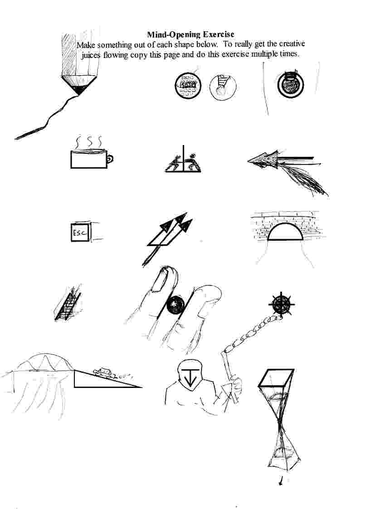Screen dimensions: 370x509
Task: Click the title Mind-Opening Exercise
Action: [x=191, y=34]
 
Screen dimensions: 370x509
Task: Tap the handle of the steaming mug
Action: [x=110, y=159]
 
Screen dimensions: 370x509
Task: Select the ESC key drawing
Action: [x=81, y=232]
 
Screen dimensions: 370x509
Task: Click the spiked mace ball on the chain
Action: [x=281, y=305]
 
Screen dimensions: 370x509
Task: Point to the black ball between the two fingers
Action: [x=175, y=305]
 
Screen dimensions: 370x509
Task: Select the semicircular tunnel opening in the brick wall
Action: [x=285, y=232]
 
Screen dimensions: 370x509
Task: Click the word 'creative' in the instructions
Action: [x=292, y=44]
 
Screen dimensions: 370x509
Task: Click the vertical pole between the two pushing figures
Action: [x=184, y=158]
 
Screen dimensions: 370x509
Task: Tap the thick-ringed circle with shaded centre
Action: [x=291, y=84]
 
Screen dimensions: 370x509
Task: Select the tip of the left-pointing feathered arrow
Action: [x=248, y=161]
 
